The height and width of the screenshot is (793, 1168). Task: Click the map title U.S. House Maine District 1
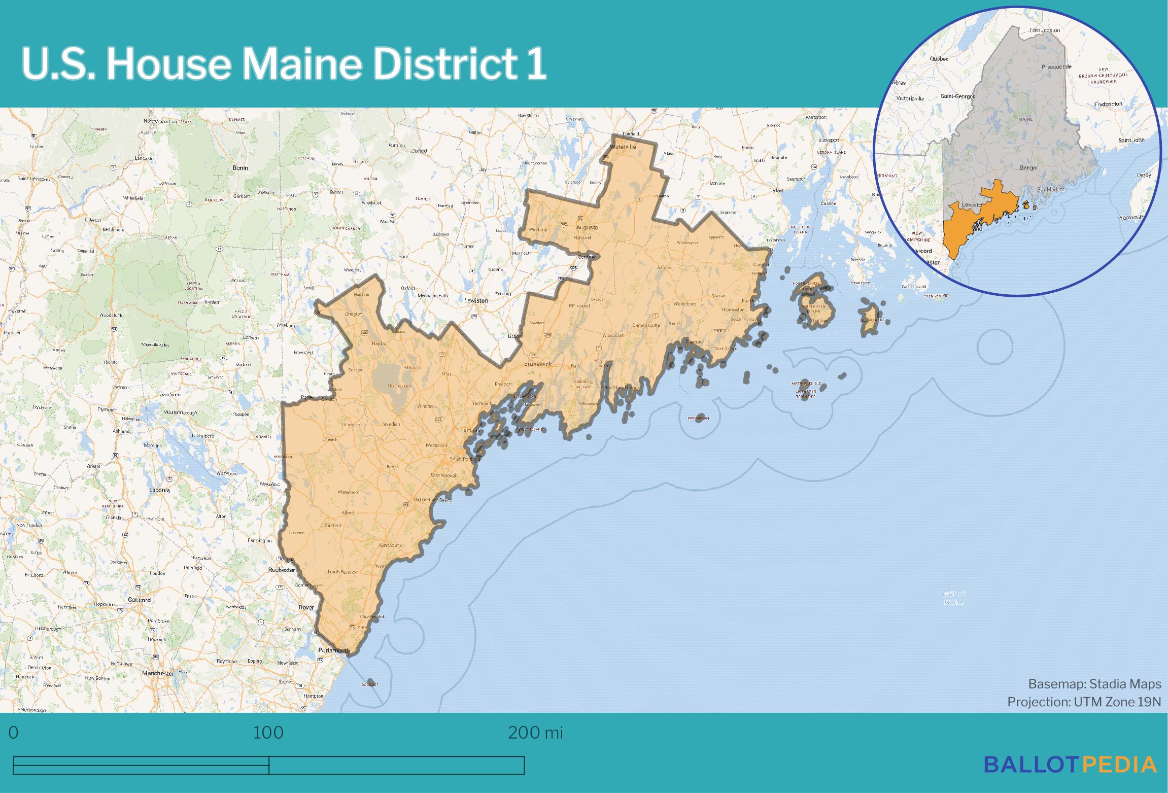pyautogui.click(x=284, y=64)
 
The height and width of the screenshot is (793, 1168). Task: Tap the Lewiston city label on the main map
pyautogui.click(x=475, y=300)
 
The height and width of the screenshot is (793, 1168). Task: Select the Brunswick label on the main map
pyautogui.click(x=537, y=364)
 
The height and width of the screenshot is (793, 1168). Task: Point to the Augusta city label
pyautogui.click(x=588, y=227)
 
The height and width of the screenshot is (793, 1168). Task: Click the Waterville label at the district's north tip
pyautogui.click(x=623, y=147)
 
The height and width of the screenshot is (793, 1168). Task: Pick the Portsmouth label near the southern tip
pyautogui.click(x=333, y=650)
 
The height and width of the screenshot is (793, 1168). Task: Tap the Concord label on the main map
pyautogui.click(x=139, y=600)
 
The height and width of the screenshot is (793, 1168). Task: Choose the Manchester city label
pyautogui.click(x=158, y=673)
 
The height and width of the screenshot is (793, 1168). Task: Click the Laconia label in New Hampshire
pyautogui.click(x=159, y=490)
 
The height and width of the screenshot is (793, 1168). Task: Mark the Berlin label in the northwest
pyautogui.click(x=239, y=167)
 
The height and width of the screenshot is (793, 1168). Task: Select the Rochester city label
pyautogui.click(x=282, y=570)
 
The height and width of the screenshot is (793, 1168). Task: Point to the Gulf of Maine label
pyautogui.click(x=954, y=598)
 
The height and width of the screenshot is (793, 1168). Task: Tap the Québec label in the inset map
pyautogui.click(x=939, y=58)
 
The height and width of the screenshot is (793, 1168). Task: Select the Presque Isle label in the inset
pyautogui.click(x=1056, y=66)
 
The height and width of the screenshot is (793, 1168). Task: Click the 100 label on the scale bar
pyautogui.click(x=268, y=733)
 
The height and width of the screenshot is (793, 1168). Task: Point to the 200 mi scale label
pyautogui.click(x=535, y=733)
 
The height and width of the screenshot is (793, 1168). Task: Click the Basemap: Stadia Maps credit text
pyautogui.click(x=1094, y=684)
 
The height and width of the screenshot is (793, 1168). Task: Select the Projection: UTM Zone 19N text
pyautogui.click(x=1084, y=702)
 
